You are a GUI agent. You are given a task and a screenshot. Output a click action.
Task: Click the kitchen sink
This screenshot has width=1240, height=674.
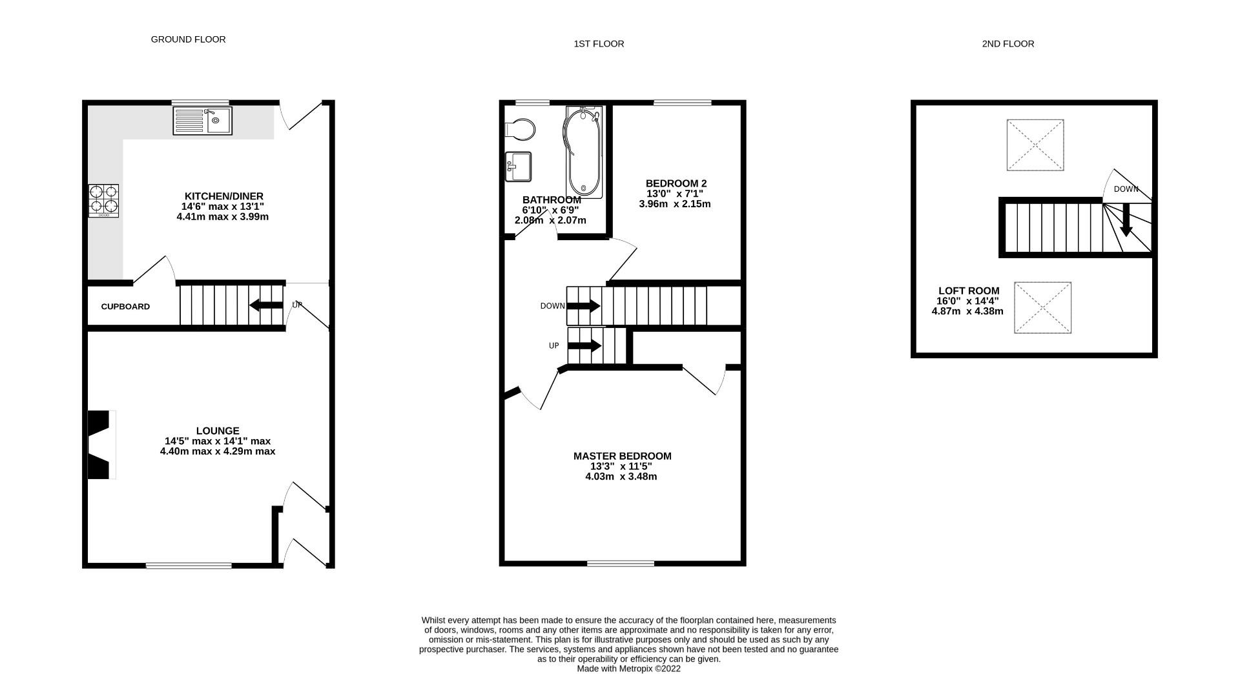coord(202,121)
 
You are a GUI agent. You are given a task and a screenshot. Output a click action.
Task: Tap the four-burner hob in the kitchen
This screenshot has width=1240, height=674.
coord(104,200)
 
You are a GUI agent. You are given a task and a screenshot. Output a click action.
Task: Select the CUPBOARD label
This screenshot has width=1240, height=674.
coord(125,307)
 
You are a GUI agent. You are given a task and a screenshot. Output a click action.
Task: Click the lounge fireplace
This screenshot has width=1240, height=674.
coord(100,445)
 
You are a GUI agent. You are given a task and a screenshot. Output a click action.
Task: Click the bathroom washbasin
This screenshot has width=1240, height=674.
coord(518,167)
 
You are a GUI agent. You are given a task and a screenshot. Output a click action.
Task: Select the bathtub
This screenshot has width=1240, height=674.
coord(584,152)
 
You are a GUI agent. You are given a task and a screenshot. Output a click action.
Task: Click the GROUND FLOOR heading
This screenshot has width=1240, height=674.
coord(188,39)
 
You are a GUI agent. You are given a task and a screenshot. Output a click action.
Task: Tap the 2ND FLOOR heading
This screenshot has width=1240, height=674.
coord(1008,44)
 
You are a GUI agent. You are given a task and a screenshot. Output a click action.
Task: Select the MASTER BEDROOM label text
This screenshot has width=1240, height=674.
coord(622,456)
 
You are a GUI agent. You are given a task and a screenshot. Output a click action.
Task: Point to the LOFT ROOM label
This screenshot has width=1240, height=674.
coord(968,291)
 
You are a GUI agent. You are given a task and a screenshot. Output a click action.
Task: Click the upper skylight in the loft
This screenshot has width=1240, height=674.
coord(1035,145)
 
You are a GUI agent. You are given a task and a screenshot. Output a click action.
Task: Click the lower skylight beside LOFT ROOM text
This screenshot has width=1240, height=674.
coord(1042,307)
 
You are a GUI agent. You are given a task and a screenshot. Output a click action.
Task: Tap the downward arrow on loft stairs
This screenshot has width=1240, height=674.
coord(1126,221)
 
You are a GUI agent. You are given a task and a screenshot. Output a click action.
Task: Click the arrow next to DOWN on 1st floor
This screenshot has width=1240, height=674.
coord(584,306)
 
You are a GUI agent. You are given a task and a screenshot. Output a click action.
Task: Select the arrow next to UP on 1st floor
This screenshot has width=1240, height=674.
coord(584,346)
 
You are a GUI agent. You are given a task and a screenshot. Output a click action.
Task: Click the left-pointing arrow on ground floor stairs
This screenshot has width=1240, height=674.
coord(265,305)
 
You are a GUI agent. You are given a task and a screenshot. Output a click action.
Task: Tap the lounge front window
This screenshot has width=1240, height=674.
coord(189,566)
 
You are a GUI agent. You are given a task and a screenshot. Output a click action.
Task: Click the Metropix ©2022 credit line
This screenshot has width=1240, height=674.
coord(628,669)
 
